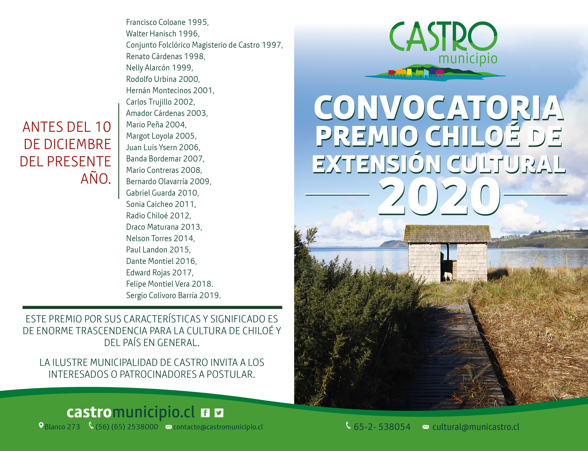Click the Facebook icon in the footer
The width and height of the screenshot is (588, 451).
(x=205, y=413)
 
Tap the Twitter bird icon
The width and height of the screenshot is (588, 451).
(x=219, y=413)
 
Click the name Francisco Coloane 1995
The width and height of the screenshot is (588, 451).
(x=167, y=22)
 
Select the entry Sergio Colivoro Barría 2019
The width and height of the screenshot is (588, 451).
(x=173, y=295)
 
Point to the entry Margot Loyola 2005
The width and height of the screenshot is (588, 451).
(x=161, y=136)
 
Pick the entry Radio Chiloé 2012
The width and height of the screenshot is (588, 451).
(x=158, y=216)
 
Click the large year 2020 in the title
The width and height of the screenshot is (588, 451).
(x=439, y=196)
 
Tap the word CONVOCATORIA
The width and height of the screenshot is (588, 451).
(x=439, y=108)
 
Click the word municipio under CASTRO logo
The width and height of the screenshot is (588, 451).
(x=468, y=59)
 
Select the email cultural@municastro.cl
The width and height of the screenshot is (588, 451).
(x=476, y=427)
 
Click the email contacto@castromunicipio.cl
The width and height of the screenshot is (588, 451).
(x=218, y=427)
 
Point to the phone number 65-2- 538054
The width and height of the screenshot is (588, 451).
(x=382, y=427)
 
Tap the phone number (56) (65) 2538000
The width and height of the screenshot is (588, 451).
(x=127, y=427)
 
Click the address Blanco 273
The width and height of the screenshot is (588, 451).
(x=62, y=427)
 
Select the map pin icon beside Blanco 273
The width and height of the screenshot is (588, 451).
(x=41, y=426)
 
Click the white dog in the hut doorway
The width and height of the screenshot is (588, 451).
(x=448, y=276)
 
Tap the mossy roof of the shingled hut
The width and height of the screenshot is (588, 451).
(x=447, y=234)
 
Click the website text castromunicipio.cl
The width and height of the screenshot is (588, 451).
(x=131, y=412)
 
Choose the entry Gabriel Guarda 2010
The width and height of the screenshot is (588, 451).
(x=162, y=193)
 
